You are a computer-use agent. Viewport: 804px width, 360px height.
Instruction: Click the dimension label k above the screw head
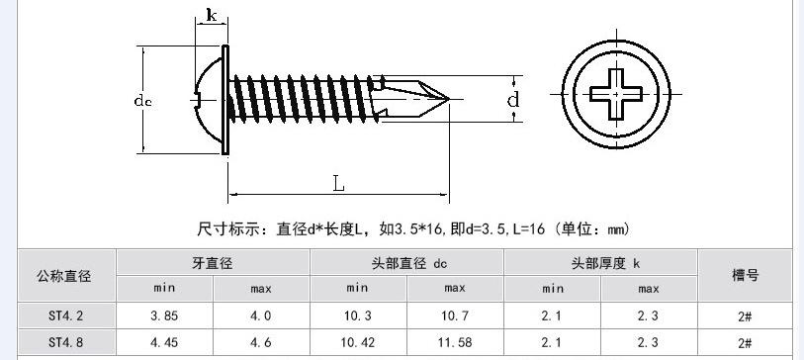pos(212,15)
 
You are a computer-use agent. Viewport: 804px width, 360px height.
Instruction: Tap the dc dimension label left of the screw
pos(143,101)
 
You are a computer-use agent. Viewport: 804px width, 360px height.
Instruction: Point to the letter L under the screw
pos(338,183)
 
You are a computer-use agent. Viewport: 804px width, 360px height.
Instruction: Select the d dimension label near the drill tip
pos(513,100)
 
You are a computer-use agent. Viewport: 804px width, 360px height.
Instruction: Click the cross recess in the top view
pos(616,94)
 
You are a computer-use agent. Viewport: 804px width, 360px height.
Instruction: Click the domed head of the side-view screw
pos(209,100)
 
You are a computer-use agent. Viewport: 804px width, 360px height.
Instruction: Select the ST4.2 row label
pos(66,315)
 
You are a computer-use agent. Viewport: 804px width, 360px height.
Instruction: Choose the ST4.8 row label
pos(66,342)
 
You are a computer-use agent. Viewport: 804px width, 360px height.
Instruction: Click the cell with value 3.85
pos(164,315)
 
